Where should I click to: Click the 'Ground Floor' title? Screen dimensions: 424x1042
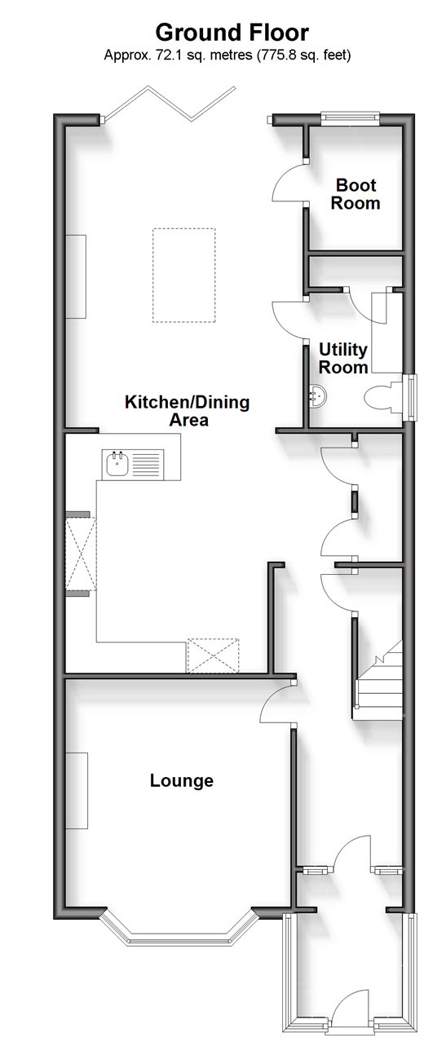point(232,33)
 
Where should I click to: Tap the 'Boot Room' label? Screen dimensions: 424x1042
point(356,194)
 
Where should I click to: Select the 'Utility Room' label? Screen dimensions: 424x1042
point(343,358)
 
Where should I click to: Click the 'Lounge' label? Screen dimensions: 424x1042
point(182,780)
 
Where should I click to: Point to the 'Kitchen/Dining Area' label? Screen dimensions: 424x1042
point(187,411)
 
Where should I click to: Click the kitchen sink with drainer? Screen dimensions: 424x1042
point(133,464)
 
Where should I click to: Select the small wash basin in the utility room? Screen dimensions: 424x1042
point(317,396)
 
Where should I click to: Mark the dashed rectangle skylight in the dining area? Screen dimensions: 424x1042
point(183,276)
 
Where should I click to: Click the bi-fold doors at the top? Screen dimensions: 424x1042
point(170,104)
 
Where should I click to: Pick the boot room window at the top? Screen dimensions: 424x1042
point(351,118)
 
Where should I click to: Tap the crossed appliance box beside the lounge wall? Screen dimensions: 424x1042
point(213,656)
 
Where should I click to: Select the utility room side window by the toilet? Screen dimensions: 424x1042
point(409,397)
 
